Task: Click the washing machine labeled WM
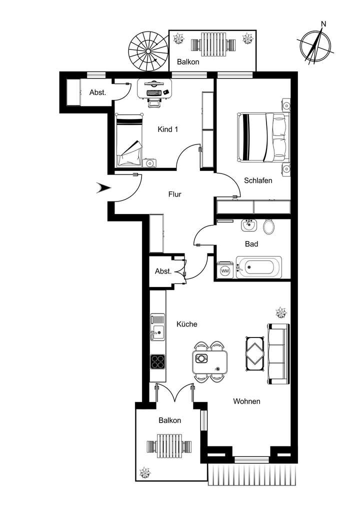[225, 270]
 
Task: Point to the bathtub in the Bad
[259, 267]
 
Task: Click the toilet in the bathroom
[268, 227]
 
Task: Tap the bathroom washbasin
[248, 225]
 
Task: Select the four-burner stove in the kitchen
[158, 361]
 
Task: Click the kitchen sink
[157, 330]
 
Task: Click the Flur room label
[174, 194]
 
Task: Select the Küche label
[187, 324]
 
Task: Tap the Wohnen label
[246, 401]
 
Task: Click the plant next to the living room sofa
[281, 312]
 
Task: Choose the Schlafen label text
[258, 180]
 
